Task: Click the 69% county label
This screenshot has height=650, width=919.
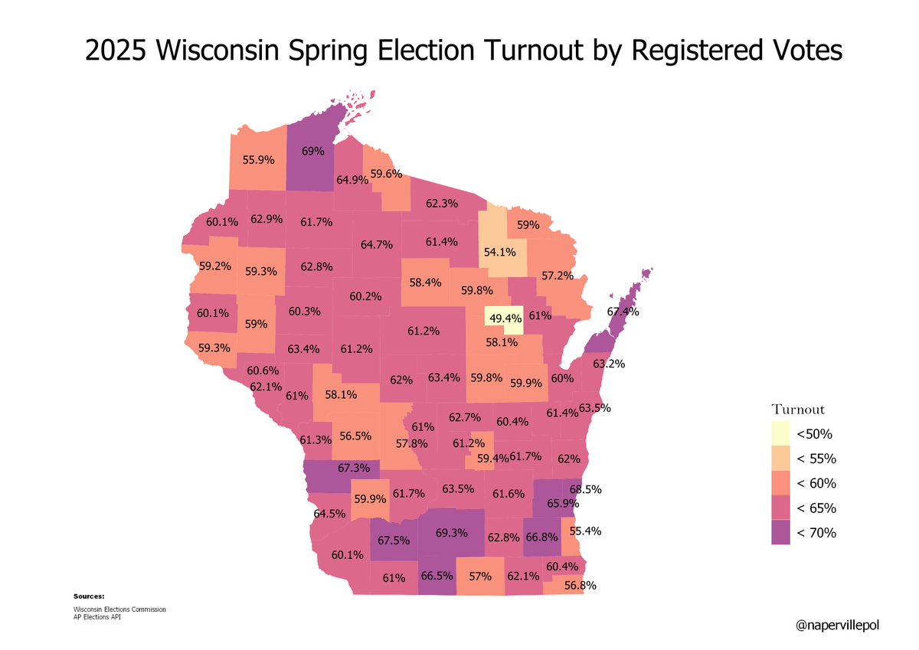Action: pyautogui.click(x=312, y=152)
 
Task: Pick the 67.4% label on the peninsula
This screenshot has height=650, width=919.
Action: pyautogui.click(x=623, y=312)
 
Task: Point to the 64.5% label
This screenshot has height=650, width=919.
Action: pyautogui.click(x=330, y=513)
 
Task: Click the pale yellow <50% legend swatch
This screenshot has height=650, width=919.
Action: pyautogui.click(x=780, y=434)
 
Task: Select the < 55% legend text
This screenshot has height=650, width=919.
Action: pyautogui.click(x=816, y=459)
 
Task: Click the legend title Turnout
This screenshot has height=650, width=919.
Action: pyautogui.click(x=797, y=410)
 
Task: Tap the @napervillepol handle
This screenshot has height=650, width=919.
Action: pyautogui.click(x=837, y=626)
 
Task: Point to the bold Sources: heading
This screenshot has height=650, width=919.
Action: pyautogui.click(x=89, y=596)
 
